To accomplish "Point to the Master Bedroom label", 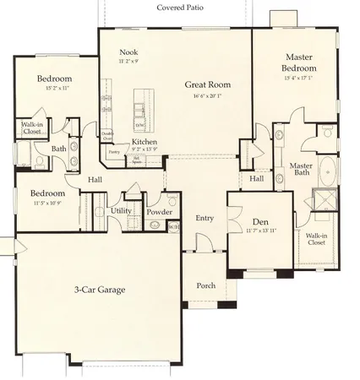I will (x=299, y=62).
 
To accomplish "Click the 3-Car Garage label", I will (x=100, y=290).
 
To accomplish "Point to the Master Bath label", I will (x=302, y=170).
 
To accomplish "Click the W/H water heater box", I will (x=173, y=225).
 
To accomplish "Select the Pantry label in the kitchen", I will (x=113, y=153).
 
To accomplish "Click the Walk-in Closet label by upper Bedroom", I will (x=33, y=128).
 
